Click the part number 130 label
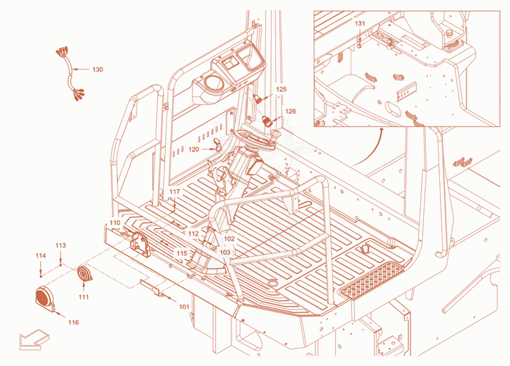pyautogui.click(x=98, y=70)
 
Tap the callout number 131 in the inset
pyautogui.click(x=360, y=24)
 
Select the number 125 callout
pyautogui.click(x=281, y=89)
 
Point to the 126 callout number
pyautogui.click(x=291, y=111)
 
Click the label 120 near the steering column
pyautogui.click(x=194, y=149)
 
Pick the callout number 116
pyautogui.click(x=73, y=323)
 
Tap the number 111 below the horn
pyautogui.click(x=84, y=297)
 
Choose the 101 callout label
pyautogui.click(x=184, y=307)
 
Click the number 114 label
pyautogui.click(x=41, y=256)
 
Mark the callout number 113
pyautogui.click(x=61, y=245)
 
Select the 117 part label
pyautogui.click(x=175, y=192)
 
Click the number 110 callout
pyautogui.click(x=115, y=222)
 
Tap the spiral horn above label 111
pyautogui.click(x=85, y=274)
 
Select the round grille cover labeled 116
pyautogui.click(x=45, y=299)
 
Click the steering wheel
pyautogui.click(x=256, y=140)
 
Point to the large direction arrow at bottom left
pyautogui.click(x=34, y=339)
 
